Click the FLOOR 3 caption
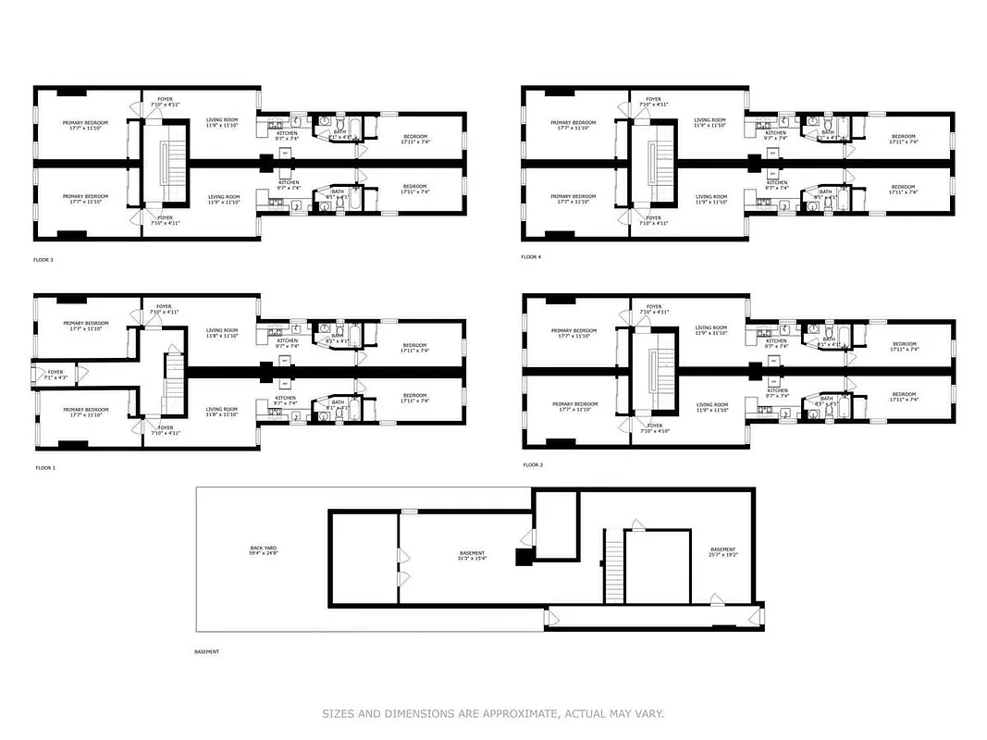pyautogui.click(x=43, y=260)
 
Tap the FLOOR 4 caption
pyautogui.click(x=531, y=256)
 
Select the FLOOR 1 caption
pyautogui.click(x=45, y=468)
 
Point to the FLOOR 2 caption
pyautogui.click(x=533, y=464)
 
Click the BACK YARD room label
pyautogui.click(x=263, y=548)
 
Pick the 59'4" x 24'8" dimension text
pyautogui.click(x=263, y=553)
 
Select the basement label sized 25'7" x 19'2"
pyautogui.click(x=722, y=551)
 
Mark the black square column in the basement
pyautogui.click(x=524, y=557)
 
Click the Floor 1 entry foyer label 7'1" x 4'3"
pyautogui.click(x=56, y=375)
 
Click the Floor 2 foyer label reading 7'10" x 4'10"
pyautogui.click(x=654, y=429)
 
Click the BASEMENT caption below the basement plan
pyautogui.click(x=207, y=652)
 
